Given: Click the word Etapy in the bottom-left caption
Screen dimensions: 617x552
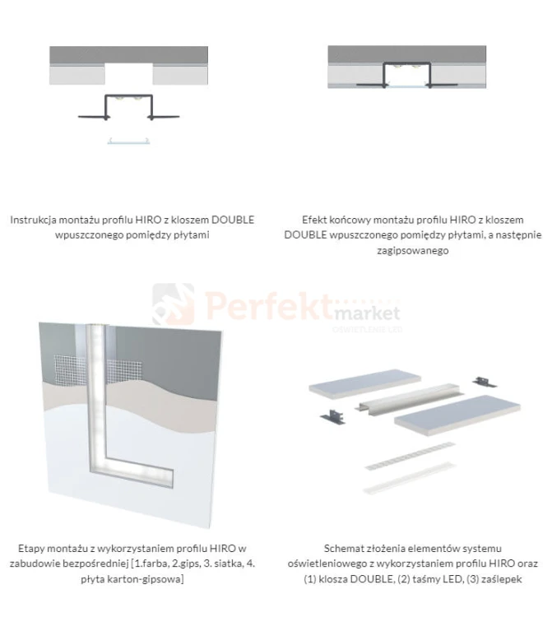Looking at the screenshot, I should (x=34, y=549).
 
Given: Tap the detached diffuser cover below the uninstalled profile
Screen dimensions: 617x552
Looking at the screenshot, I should (x=129, y=141).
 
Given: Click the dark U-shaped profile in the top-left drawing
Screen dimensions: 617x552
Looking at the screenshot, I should (x=129, y=106).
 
